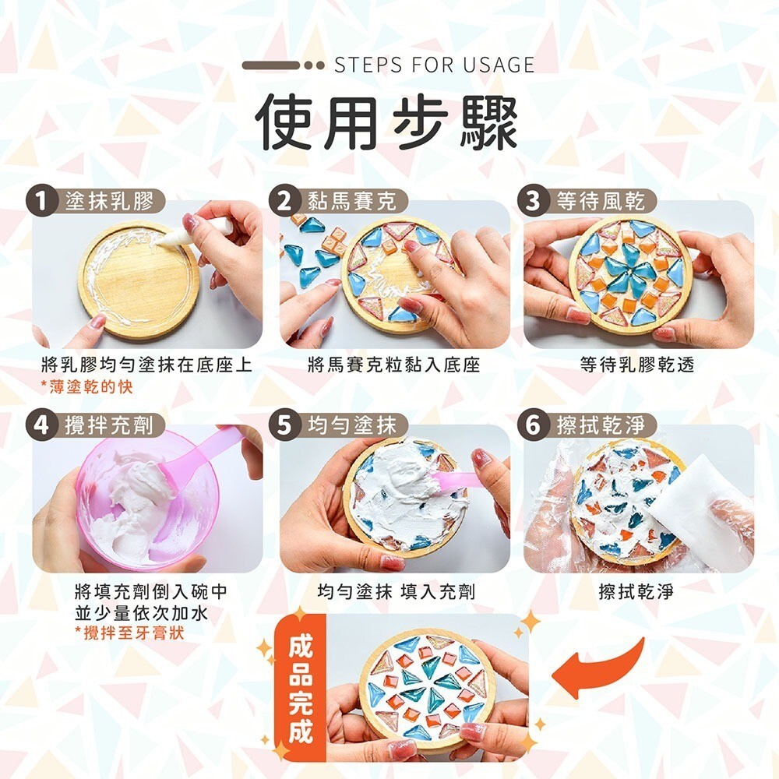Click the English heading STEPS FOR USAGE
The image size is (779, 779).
(x=434, y=65)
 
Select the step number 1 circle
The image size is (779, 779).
(x=41, y=201)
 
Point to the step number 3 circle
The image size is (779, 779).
(x=532, y=201)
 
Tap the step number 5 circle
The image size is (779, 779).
(x=286, y=425)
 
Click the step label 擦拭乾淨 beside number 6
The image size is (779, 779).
(x=600, y=425)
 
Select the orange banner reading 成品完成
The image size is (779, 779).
(x=302, y=689)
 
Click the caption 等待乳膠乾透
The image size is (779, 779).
(x=637, y=364)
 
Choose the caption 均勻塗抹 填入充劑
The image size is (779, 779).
(x=396, y=592)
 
